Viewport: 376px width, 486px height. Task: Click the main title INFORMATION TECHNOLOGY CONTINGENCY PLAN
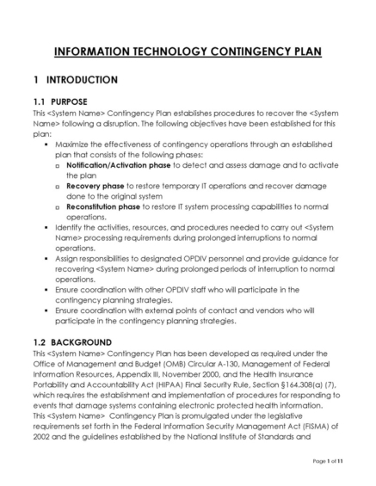[x=188, y=52]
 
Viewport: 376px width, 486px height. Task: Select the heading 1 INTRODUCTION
[x=75, y=80]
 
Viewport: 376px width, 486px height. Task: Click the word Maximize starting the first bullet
[x=74, y=143]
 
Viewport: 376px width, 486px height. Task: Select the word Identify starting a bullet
[x=70, y=226]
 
